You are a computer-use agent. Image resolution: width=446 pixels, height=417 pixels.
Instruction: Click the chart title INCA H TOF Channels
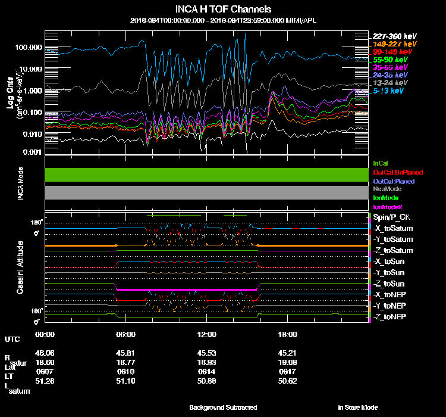[x=223, y=10]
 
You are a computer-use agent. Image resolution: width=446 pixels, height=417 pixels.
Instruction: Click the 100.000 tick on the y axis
[x=28, y=47]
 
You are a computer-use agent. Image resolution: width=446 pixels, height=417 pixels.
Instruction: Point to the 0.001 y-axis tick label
[x=31, y=153]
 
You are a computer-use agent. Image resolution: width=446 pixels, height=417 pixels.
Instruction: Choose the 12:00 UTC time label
[x=206, y=334]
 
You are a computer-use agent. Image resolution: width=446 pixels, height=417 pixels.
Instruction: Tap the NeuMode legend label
[x=387, y=189]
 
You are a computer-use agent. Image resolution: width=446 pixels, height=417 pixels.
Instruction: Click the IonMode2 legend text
[x=388, y=206]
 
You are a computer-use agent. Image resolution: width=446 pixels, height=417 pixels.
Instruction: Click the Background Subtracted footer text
[x=223, y=407]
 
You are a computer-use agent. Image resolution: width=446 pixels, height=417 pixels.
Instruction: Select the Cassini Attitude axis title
[x=20, y=267]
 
